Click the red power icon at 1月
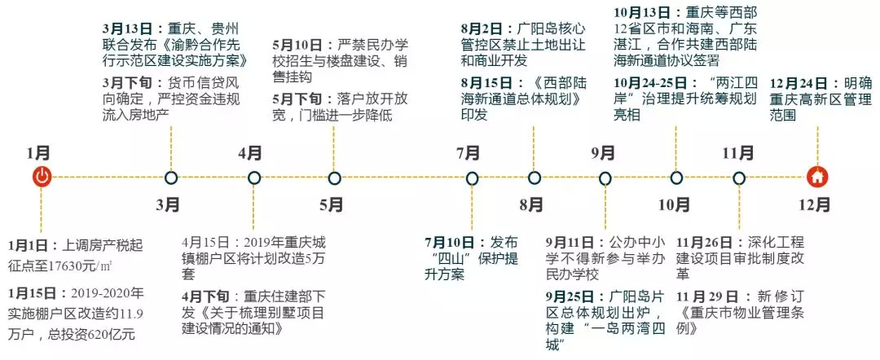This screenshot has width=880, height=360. pos(42,176)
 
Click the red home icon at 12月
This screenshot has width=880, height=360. pos(816,176)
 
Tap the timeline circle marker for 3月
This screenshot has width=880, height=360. pos(171,178)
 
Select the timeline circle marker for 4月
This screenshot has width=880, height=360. pos(254,178)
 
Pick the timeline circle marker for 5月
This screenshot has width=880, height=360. pos(335,178)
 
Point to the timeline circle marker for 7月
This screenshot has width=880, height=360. pos(472,178)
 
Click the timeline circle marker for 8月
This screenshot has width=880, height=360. pos(535,178)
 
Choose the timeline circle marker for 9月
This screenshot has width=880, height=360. pos(605,178)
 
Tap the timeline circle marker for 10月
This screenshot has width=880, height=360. pos(676,178)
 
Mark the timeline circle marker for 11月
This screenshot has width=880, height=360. pos(738,178)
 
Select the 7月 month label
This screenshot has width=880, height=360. pos(468,152)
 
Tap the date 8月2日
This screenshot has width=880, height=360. pos(484,29)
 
